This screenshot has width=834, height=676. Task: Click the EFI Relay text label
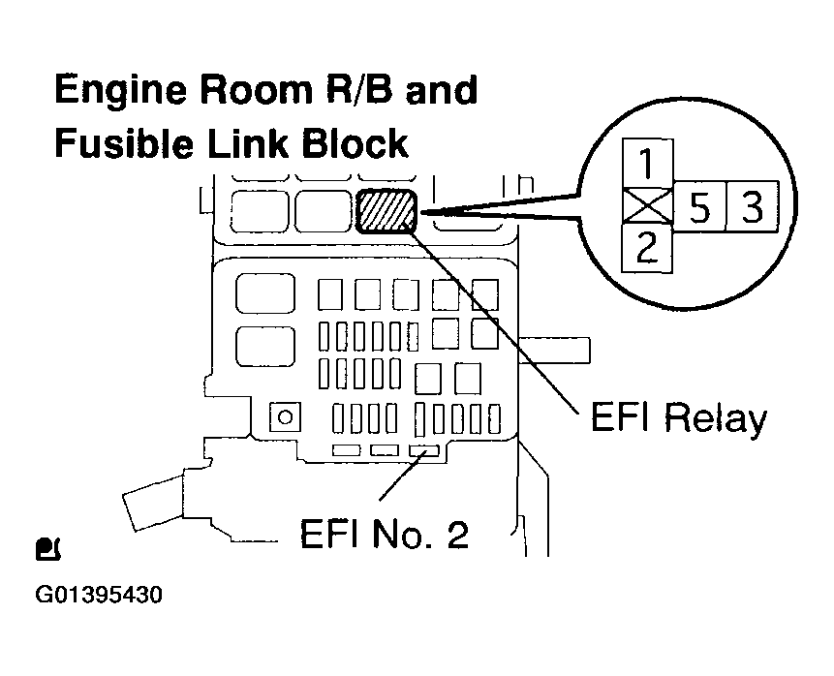[x=675, y=418]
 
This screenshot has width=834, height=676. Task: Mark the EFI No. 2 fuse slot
[x=421, y=451]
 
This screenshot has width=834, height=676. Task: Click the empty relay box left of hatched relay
[x=324, y=211]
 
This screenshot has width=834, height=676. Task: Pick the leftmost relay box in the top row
[x=261, y=211]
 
